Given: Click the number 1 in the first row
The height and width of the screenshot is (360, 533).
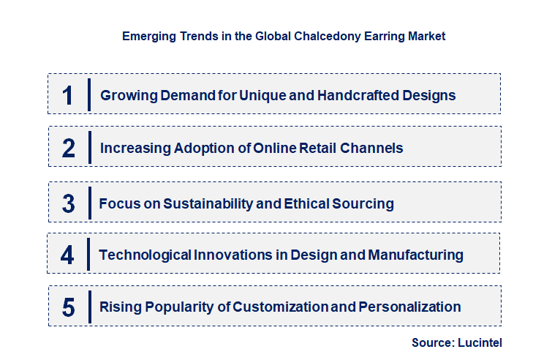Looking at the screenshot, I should (x=68, y=95).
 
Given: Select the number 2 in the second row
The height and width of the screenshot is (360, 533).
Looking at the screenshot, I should (x=69, y=148).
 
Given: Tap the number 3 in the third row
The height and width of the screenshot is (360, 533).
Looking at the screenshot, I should (x=69, y=203).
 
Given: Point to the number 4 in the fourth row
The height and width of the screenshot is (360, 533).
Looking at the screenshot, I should (x=68, y=255).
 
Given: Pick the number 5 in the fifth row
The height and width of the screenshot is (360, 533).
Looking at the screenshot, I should (x=69, y=307).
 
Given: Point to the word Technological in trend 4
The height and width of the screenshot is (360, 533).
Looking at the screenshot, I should (x=145, y=255).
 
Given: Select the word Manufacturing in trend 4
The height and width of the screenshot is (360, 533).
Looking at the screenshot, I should (x=415, y=255).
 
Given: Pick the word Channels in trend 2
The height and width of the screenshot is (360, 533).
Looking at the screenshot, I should (x=373, y=148).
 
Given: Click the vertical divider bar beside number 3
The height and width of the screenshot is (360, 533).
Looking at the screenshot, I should (x=89, y=202).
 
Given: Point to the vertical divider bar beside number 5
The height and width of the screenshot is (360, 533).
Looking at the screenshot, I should (x=89, y=306).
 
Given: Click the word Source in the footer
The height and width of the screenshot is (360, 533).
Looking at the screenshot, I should (x=431, y=342).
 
